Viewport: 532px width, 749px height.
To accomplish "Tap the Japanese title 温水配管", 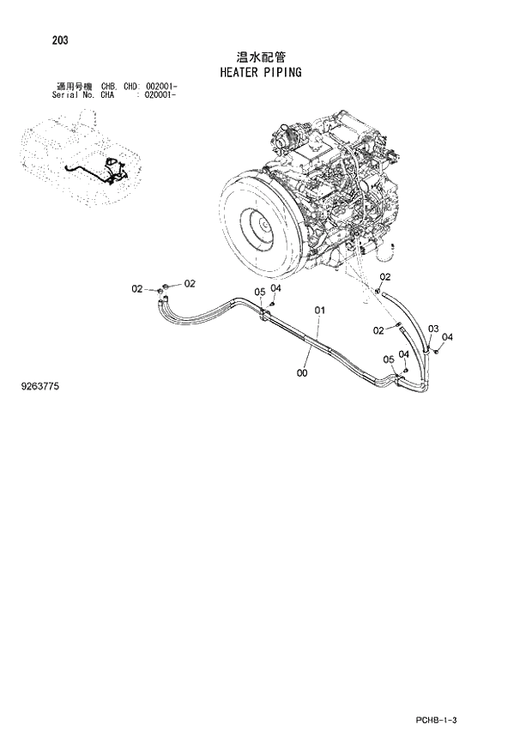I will pos(261,56).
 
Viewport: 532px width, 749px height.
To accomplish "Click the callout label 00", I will pos(301,373).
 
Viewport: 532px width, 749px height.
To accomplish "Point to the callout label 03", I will pos(433,329).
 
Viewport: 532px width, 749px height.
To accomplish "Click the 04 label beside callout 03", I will pos(447,337).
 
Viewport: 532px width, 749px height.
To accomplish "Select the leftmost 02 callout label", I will pos(136,289).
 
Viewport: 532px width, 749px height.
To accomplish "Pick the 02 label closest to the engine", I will pos(384,276).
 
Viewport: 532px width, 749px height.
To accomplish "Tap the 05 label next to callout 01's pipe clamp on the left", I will pos(259,293).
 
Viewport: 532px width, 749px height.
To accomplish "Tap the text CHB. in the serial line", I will pos(109,87).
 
